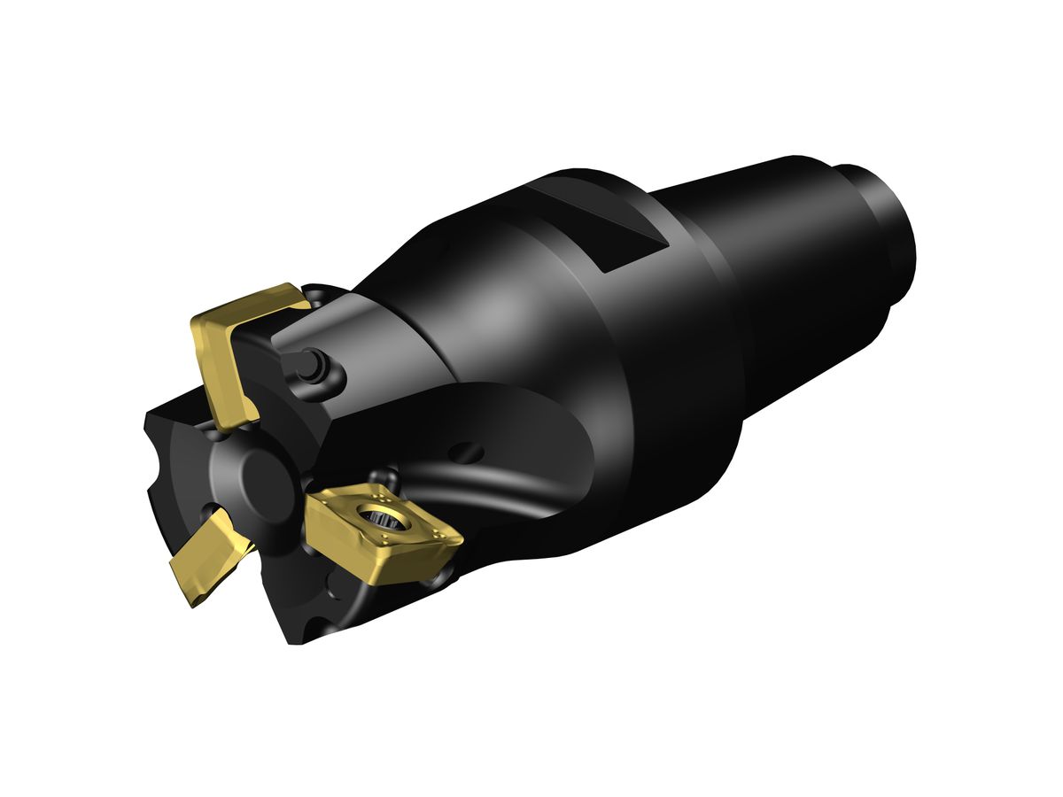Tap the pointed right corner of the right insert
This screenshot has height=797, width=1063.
[x=459, y=538]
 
